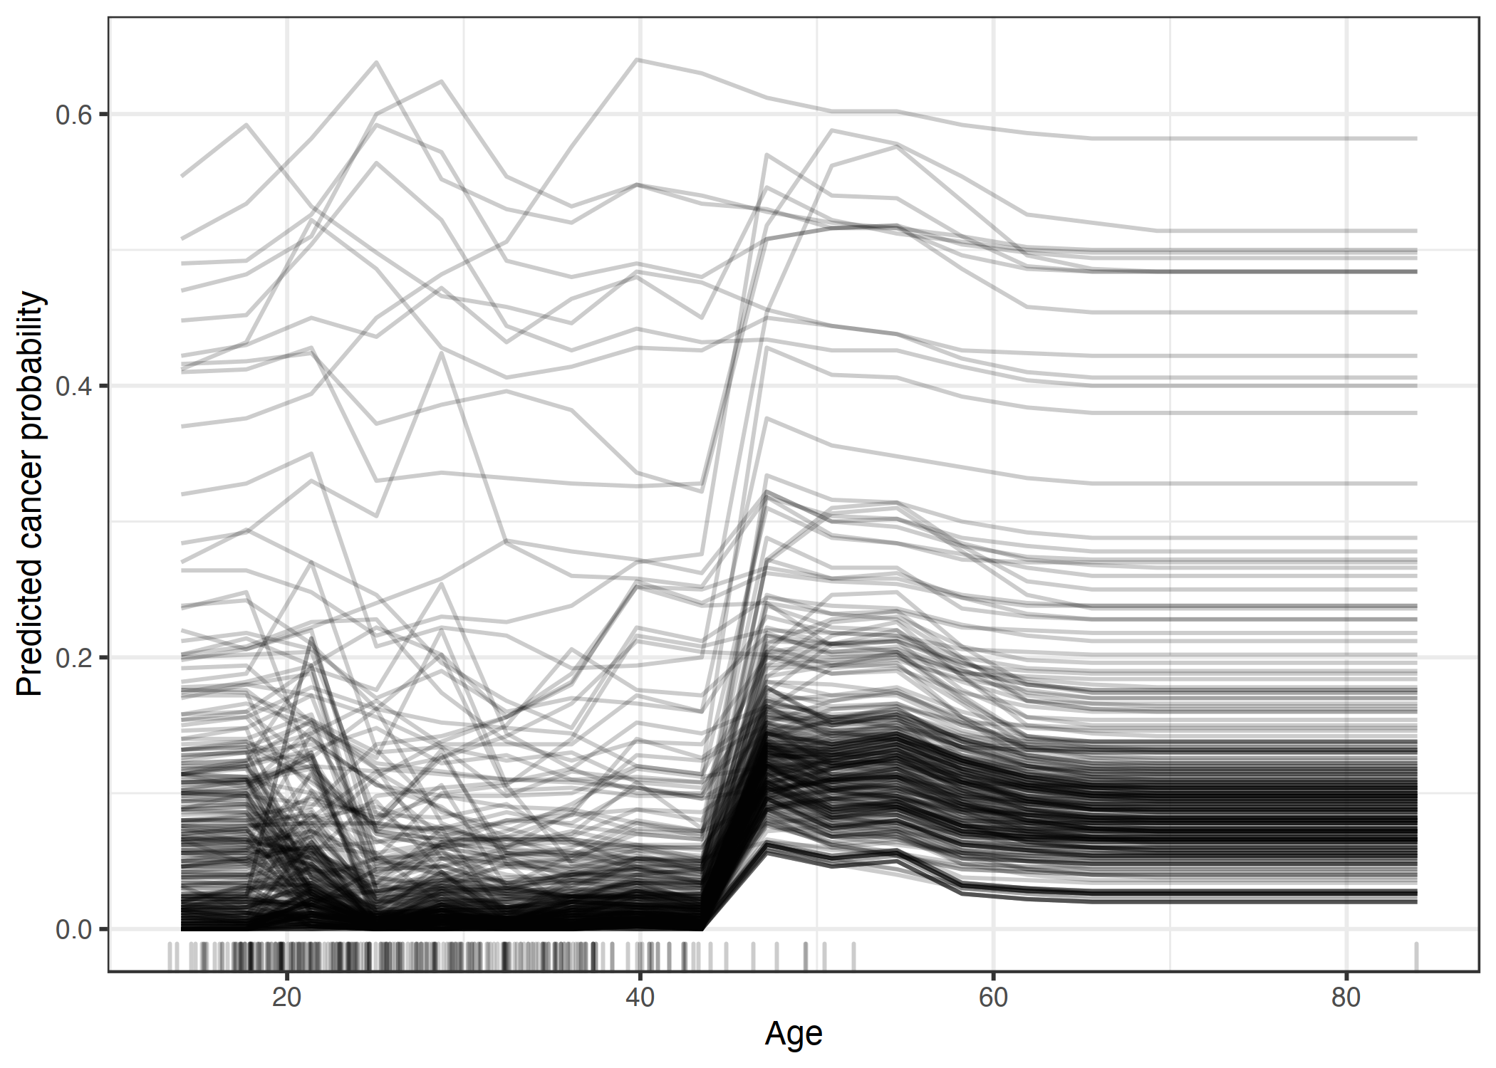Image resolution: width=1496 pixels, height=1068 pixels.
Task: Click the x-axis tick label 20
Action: tap(286, 998)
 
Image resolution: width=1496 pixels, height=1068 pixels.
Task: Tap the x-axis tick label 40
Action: tap(640, 998)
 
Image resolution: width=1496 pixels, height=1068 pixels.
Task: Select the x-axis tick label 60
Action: tap(993, 998)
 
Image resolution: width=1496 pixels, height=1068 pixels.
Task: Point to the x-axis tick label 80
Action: tap(1346, 998)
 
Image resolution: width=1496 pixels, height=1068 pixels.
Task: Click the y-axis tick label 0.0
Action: tap(74, 930)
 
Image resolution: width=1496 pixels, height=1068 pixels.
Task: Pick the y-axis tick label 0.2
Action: tap(74, 658)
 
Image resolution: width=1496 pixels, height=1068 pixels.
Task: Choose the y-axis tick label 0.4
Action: tap(74, 386)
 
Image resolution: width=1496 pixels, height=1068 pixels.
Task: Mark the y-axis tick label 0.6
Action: tap(74, 115)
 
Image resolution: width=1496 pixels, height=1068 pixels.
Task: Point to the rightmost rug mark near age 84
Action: tap(1416, 956)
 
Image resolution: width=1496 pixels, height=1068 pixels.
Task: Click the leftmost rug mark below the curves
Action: tap(170, 956)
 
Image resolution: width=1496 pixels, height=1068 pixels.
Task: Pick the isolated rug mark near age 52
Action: tap(853, 956)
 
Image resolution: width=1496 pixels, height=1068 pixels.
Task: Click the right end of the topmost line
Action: tap(1416, 138)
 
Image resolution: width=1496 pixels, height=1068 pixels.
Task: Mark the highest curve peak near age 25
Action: tap(376, 63)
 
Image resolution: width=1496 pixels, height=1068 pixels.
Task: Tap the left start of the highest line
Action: tap(182, 176)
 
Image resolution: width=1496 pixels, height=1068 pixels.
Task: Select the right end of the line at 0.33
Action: tap(1416, 483)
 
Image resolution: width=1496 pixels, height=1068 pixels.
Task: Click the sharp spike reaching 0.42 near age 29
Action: tap(442, 354)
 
